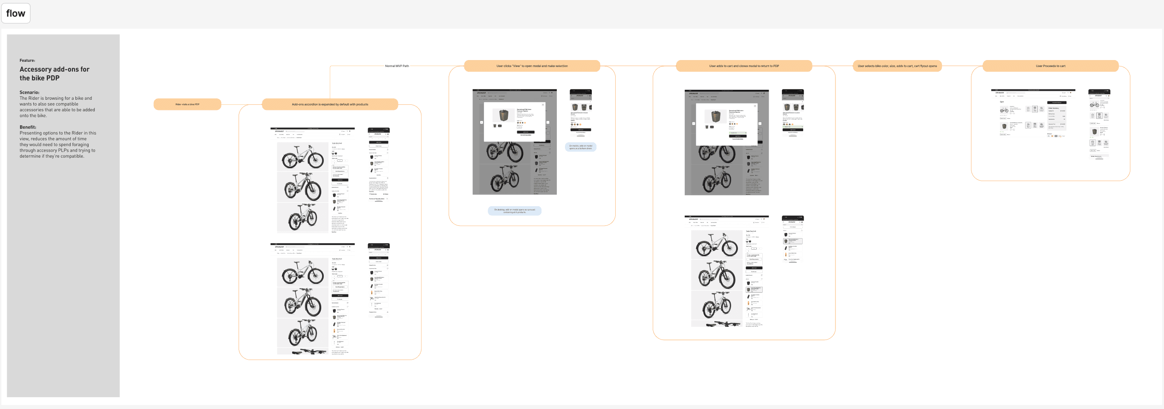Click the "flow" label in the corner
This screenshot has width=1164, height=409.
16,13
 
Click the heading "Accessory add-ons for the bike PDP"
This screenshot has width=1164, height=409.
54,74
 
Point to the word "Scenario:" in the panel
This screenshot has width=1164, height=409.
29,92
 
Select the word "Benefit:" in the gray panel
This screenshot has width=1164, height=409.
28,127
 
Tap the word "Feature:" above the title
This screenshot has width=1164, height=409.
27,60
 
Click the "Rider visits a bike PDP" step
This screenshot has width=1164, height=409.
187,104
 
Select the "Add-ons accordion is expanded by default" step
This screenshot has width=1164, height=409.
330,104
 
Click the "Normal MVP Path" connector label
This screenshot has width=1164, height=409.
397,66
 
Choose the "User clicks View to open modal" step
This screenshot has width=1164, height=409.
532,66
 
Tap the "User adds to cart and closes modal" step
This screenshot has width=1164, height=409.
744,66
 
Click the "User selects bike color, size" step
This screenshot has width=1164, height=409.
897,66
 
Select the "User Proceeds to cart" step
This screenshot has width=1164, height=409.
1050,66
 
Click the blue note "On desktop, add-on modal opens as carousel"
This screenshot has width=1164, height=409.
514,210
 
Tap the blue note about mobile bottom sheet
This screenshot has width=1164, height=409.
580,147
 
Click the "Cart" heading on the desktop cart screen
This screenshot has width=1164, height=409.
1002,102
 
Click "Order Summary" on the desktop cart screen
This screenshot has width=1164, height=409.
1053,108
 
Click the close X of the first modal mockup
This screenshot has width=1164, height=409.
543,105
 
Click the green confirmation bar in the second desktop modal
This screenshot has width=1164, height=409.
738,133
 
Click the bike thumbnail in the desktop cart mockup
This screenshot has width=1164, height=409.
1004,110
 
